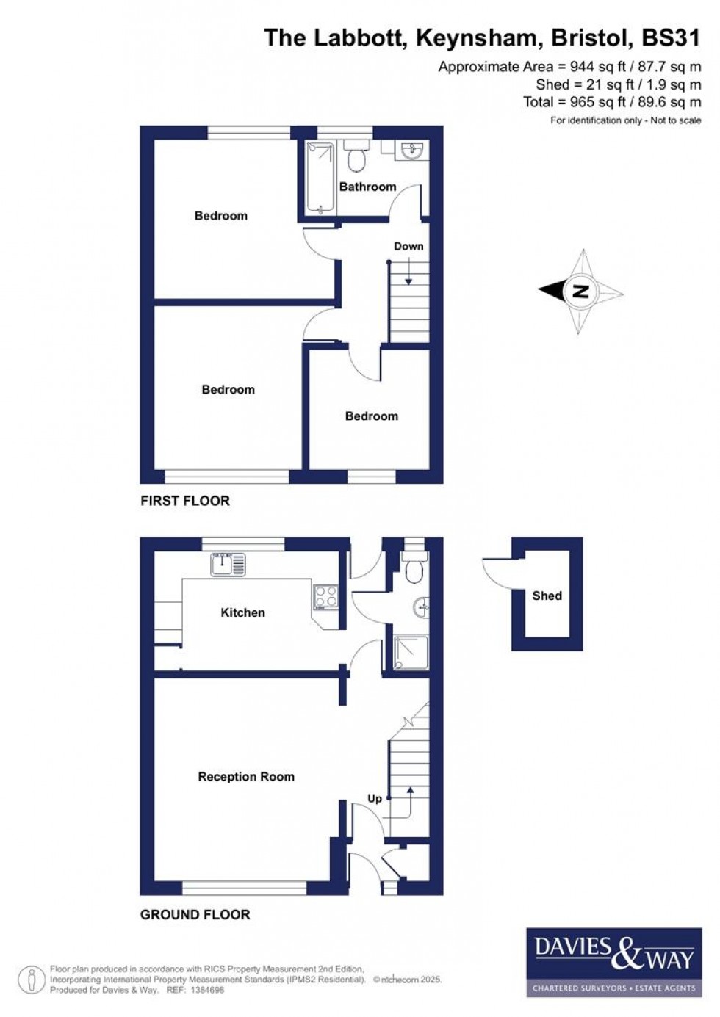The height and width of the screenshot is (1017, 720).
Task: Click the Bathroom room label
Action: [367, 187]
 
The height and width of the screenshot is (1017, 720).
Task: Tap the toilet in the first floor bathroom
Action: [358, 156]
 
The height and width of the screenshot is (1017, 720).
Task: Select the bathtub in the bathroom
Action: [320, 178]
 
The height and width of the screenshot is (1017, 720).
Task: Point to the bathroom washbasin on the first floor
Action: [413, 151]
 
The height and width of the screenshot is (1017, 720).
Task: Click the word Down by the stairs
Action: [408, 246]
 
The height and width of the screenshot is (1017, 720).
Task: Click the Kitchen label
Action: [242, 612]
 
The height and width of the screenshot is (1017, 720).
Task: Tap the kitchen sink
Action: [228, 564]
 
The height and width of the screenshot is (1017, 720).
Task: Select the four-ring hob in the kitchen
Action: [325, 596]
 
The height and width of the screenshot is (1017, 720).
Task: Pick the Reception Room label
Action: [246, 776]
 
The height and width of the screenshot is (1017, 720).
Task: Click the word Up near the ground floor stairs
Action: [375, 798]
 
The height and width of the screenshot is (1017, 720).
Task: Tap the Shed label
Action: [547, 596]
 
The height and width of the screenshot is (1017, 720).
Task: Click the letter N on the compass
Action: [580, 292]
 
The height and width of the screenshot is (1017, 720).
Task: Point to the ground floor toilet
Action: [415, 570]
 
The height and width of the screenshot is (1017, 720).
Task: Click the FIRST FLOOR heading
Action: [185, 501]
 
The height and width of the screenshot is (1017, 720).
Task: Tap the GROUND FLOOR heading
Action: [195, 914]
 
